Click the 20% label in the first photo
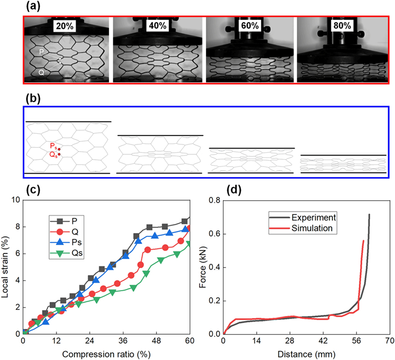64,25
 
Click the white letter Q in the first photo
41,73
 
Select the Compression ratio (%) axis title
106,354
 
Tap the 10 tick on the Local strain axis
15,200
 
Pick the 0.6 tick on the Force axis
214,234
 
